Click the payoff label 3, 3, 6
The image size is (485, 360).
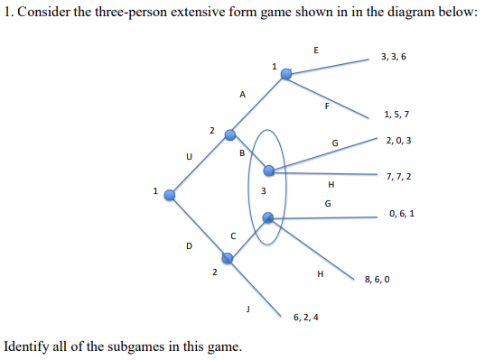click(x=394, y=57)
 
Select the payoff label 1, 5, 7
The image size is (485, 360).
click(x=396, y=115)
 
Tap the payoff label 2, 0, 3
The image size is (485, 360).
click(x=398, y=141)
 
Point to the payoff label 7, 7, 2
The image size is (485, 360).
click(x=398, y=175)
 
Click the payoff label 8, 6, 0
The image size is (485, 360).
click(x=377, y=280)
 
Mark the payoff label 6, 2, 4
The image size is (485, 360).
click(x=306, y=318)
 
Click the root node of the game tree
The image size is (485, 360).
click(x=169, y=192)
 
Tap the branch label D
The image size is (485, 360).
click(x=188, y=245)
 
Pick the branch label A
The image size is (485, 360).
click(x=242, y=93)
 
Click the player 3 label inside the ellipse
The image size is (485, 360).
click(x=263, y=190)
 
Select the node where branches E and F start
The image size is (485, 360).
click(x=285, y=75)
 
